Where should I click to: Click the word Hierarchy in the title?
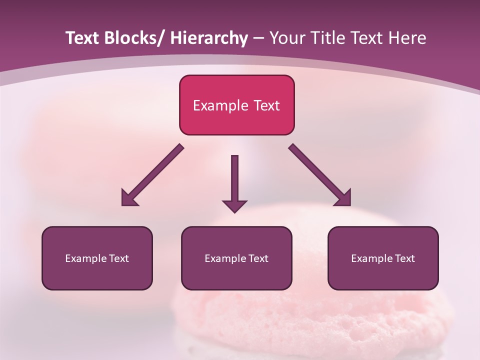coord(208,38)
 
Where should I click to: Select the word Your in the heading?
coord(286,38)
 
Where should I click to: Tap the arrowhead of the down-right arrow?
coord(344,198)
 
